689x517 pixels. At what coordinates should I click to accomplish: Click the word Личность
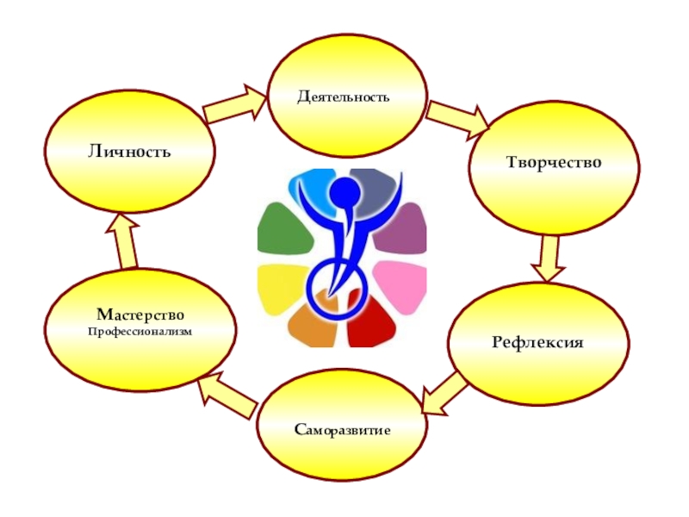click(128, 152)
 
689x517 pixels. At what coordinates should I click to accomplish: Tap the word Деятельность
click(344, 97)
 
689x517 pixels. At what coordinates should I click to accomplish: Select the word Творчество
click(552, 163)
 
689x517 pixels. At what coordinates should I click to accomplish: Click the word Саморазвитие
click(342, 428)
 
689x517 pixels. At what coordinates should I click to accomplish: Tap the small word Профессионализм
click(140, 331)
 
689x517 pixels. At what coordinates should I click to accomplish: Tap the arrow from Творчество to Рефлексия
click(548, 257)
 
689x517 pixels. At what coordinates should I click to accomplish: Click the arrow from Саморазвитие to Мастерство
click(227, 396)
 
